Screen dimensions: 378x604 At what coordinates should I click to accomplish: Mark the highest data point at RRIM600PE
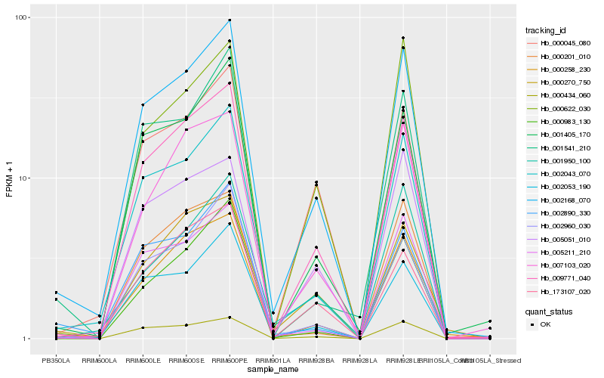[x=230, y=20]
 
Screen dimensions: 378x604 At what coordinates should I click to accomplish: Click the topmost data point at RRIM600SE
[x=186, y=71]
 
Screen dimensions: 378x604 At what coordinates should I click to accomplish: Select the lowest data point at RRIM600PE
[x=230, y=318]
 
